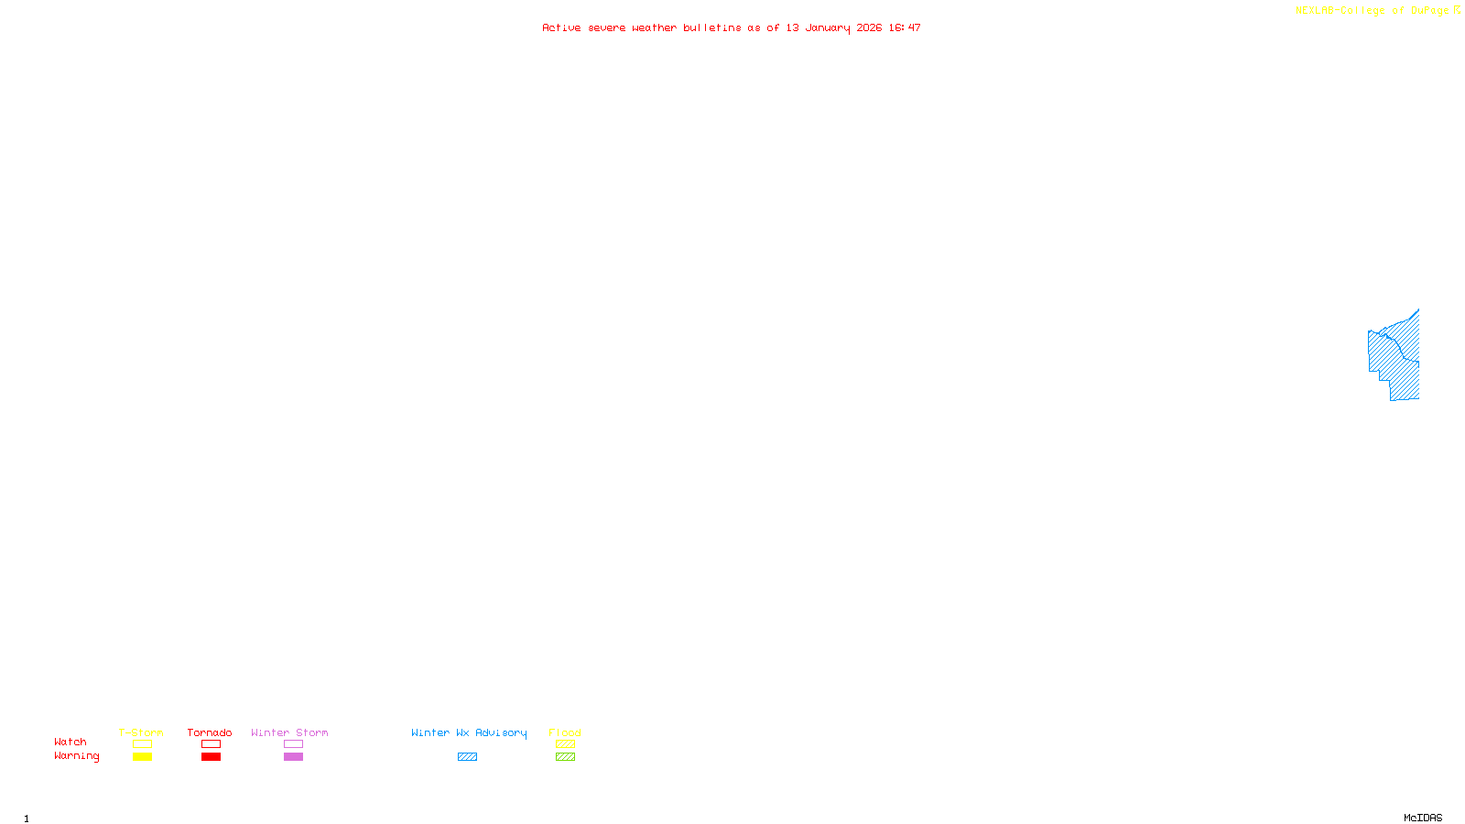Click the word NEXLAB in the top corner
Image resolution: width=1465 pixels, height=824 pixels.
tap(1315, 11)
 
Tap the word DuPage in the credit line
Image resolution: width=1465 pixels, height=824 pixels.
tap(1429, 11)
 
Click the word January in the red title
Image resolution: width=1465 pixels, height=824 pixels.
tap(827, 28)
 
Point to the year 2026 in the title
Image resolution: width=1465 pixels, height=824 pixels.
tap(869, 28)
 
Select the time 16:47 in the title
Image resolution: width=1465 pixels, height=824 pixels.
tap(904, 28)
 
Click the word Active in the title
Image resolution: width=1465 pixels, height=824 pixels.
tap(560, 28)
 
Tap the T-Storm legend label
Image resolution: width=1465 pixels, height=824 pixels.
tap(141, 732)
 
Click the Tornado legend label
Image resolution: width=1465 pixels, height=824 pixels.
tap(210, 732)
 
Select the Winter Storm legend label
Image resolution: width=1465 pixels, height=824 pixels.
tap(289, 732)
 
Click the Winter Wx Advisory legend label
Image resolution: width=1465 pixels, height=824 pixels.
tap(469, 732)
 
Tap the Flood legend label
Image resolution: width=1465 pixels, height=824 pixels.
tap(565, 732)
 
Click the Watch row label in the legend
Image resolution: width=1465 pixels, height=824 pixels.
tap(71, 743)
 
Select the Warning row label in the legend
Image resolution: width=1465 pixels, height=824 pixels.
tap(76, 756)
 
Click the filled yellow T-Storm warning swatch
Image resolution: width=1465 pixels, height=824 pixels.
tap(142, 757)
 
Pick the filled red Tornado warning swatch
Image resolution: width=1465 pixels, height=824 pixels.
tap(211, 757)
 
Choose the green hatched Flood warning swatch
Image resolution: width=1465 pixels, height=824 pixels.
tap(565, 757)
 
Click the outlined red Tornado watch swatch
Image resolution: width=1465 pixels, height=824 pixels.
tap(211, 744)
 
